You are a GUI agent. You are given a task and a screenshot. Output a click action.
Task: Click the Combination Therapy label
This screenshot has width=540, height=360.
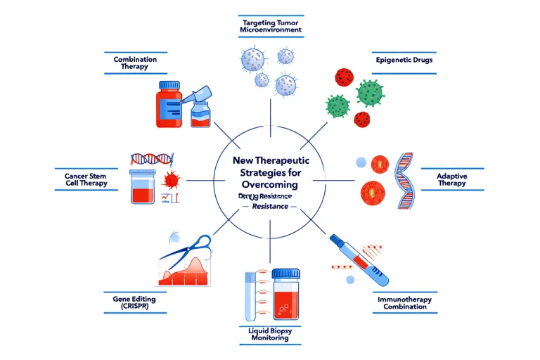click(135, 63)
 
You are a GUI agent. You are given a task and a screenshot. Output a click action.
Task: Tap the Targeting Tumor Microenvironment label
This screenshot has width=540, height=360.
click(269, 27)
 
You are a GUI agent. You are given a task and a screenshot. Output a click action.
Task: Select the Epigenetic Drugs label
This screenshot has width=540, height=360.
click(404, 60)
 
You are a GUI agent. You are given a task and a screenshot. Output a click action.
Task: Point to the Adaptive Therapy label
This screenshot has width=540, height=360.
click(451, 179)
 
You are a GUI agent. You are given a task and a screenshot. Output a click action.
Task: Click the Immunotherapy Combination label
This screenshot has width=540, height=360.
click(402, 303)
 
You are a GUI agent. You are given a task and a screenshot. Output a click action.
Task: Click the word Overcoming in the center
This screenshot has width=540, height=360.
click(270, 184)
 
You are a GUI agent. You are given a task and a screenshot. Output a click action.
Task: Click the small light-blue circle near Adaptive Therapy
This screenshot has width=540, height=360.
click(361, 162)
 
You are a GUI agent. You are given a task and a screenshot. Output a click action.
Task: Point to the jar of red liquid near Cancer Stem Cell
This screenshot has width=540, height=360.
click(143, 186)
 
